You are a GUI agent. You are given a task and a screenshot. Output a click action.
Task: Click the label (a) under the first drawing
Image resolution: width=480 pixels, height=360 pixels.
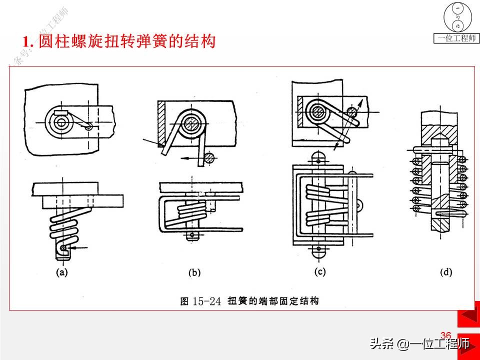click(62, 272)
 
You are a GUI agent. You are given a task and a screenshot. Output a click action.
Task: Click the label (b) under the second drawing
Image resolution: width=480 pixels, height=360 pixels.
click(194, 273)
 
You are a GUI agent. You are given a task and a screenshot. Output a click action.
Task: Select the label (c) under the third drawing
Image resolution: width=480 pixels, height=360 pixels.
click(319, 272)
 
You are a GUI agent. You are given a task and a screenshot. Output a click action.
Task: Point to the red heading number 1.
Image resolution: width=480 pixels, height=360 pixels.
click(28, 42)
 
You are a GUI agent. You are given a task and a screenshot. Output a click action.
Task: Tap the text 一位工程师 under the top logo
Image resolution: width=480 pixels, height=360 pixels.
click(456, 38)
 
